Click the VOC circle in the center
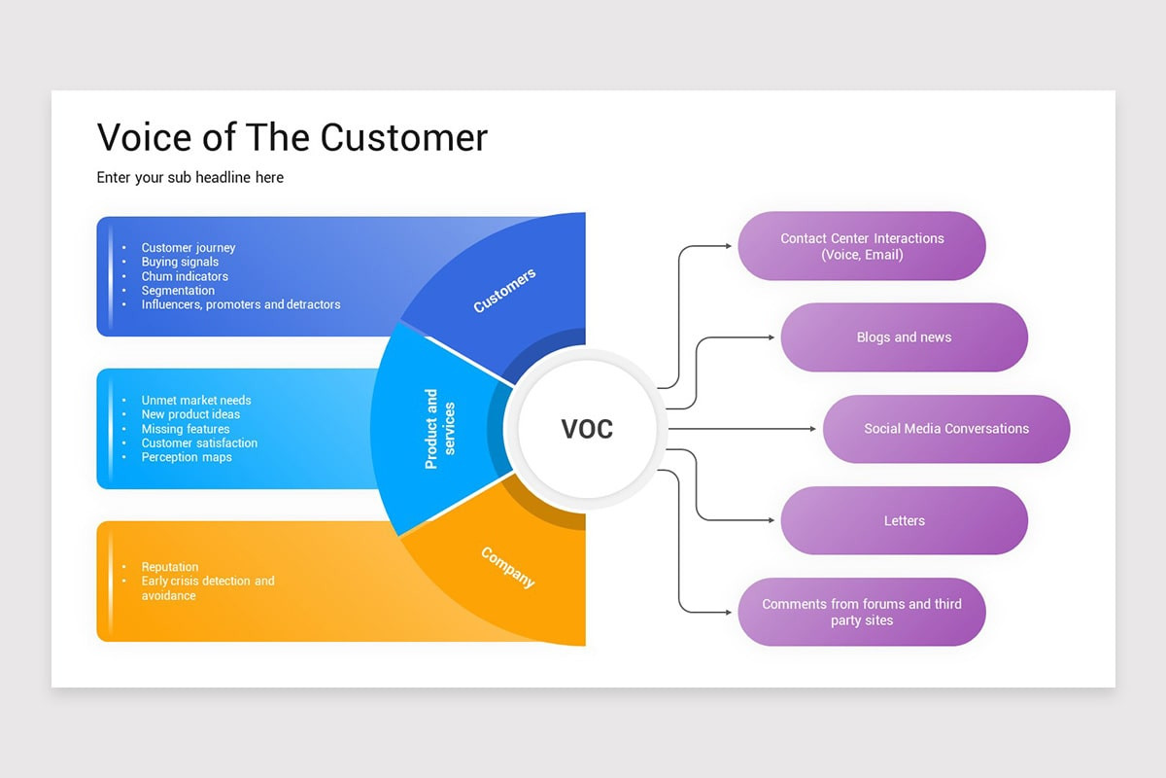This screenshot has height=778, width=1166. [587, 429]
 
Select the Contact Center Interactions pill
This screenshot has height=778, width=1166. [862, 246]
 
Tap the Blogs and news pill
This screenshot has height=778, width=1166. [904, 337]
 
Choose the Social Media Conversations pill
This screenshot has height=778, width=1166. [946, 429]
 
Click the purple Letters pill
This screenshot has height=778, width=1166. [904, 520]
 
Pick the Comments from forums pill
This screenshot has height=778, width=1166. [862, 612]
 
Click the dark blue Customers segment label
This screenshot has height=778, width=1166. [504, 291]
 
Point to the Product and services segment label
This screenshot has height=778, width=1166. [440, 429]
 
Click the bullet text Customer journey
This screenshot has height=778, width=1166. [189, 248]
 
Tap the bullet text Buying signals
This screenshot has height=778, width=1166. [180, 262]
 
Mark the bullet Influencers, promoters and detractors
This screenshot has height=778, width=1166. [241, 304]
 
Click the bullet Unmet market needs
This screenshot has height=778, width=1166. [196, 400]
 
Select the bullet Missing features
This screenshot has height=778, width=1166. [186, 429]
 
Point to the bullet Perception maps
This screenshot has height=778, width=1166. [187, 457]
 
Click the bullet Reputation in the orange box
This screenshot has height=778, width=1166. [170, 567]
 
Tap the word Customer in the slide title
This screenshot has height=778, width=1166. [404, 137]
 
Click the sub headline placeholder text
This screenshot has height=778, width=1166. [190, 177]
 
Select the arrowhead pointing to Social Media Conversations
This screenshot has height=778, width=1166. [813, 429]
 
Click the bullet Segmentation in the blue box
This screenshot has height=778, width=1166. [178, 290]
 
